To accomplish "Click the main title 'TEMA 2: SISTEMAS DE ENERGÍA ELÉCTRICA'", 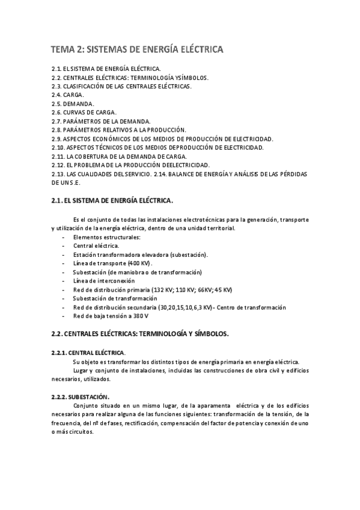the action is click(x=137, y=49).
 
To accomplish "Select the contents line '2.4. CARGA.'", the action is click(x=68, y=95).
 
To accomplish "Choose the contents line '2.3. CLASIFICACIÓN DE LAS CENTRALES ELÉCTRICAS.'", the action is click(x=122, y=86).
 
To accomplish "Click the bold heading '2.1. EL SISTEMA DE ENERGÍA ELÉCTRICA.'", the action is click(x=112, y=200).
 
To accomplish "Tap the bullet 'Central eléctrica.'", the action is click(x=96, y=246).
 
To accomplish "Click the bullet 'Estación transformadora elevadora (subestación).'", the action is click(x=141, y=255).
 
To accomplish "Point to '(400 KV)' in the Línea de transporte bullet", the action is click(x=140, y=263).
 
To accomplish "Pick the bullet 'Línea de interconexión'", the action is click(x=104, y=281).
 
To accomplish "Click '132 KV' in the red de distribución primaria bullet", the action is click(x=166, y=290).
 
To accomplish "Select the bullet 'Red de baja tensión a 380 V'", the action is click(x=111, y=316).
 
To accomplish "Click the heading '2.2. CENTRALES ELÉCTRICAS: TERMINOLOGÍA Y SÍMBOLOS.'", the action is click(x=140, y=333).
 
